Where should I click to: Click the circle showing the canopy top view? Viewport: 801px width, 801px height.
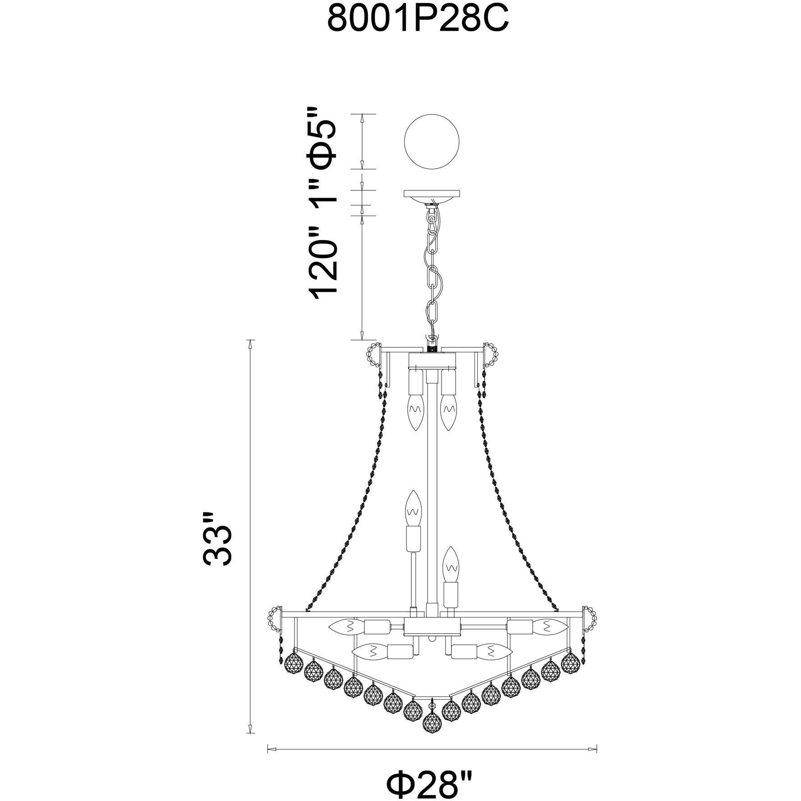[x=432, y=142]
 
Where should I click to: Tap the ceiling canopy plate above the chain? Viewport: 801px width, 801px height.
[x=432, y=194]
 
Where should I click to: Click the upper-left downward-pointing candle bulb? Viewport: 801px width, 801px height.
[x=415, y=412]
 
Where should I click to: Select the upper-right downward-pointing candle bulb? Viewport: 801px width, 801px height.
[x=448, y=412]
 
